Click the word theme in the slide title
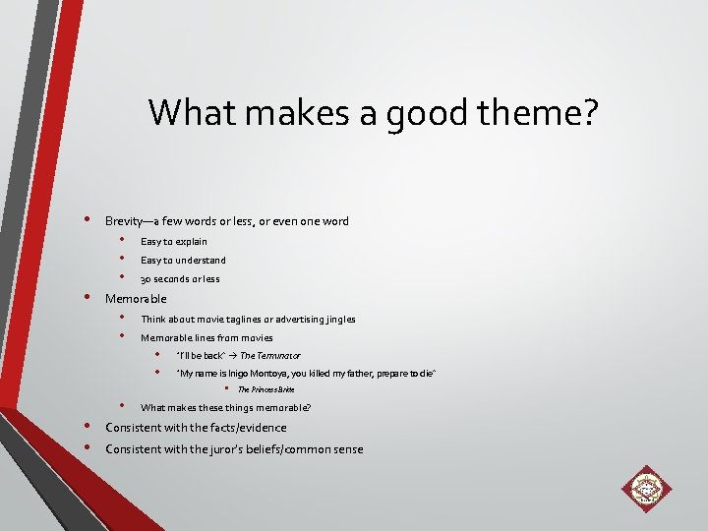tap(530, 114)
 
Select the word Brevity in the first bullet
tap(124, 221)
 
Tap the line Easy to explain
tap(173, 241)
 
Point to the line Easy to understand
tap(183, 261)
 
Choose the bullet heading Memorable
tap(136, 299)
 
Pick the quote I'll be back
tap(201, 356)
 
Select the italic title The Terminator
tap(270, 356)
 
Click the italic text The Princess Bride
tap(266, 390)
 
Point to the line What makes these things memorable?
tap(225, 408)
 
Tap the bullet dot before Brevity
tap(88, 219)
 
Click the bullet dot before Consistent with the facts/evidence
tap(88, 426)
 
